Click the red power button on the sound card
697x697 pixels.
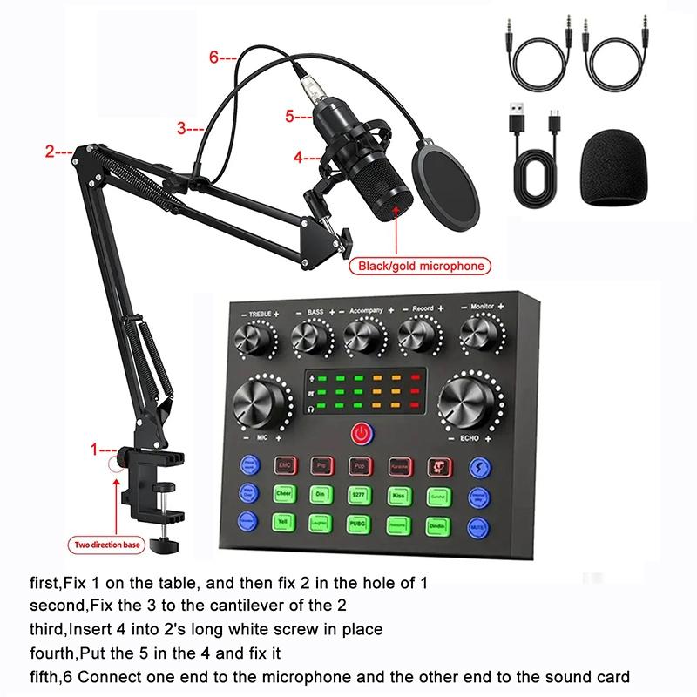[359, 432]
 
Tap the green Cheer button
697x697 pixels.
[285, 494]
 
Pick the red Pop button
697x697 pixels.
[359, 464]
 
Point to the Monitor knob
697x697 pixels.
[481, 335]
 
